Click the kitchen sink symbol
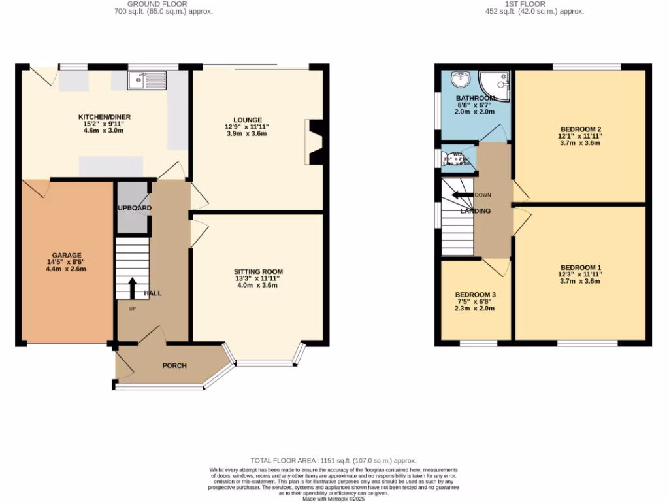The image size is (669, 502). [x=148, y=80]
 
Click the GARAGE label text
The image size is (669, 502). [x=67, y=255]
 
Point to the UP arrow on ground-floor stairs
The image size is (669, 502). [x=133, y=288]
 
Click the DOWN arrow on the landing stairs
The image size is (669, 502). [x=464, y=195]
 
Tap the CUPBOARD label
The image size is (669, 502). [x=134, y=208]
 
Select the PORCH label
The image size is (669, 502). [x=174, y=365]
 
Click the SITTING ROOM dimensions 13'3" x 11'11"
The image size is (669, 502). [x=259, y=278]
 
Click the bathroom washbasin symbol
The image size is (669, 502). [x=461, y=79]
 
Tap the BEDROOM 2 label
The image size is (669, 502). [x=580, y=129]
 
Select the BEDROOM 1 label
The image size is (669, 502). [x=580, y=267]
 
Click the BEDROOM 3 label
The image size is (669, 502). [x=475, y=295]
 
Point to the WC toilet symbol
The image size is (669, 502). [x=445, y=159]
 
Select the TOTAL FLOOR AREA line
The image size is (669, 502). [x=334, y=461]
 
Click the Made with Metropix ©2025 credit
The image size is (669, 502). [x=334, y=499]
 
